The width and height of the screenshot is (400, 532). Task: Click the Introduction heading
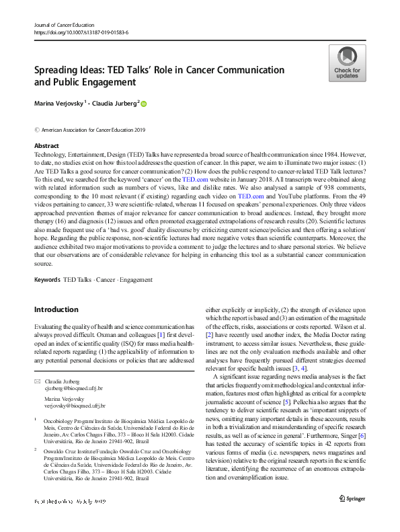tap(56, 309)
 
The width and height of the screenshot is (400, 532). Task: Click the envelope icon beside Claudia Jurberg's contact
tap(37, 382)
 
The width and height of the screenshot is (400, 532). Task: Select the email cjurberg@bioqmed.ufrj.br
tap(74, 389)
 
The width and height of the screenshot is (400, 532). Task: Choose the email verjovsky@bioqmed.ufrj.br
tap(74, 407)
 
